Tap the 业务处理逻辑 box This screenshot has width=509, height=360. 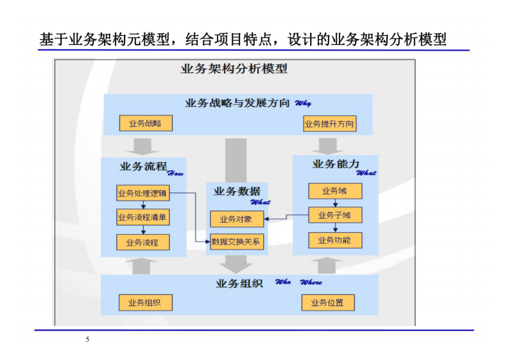(x=142, y=193)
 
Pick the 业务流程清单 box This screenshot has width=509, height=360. (x=142, y=218)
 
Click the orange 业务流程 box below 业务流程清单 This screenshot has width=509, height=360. (x=142, y=243)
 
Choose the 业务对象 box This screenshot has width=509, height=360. (x=236, y=219)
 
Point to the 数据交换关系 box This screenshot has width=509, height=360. (x=236, y=242)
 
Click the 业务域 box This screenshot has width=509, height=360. (x=334, y=191)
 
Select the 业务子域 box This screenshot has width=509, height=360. (x=334, y=215)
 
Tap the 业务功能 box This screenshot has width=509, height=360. (x=334, y=240)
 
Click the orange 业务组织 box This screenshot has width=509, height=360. (x=145, y=303)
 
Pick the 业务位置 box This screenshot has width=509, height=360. (x=327, y=303)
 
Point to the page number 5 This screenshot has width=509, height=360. (x=87, y=339)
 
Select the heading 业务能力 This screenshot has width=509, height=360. (x=335, y=164)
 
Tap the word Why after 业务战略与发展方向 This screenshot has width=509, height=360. (x=302, y=104)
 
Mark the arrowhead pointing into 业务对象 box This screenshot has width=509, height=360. (x=266, y=219)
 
